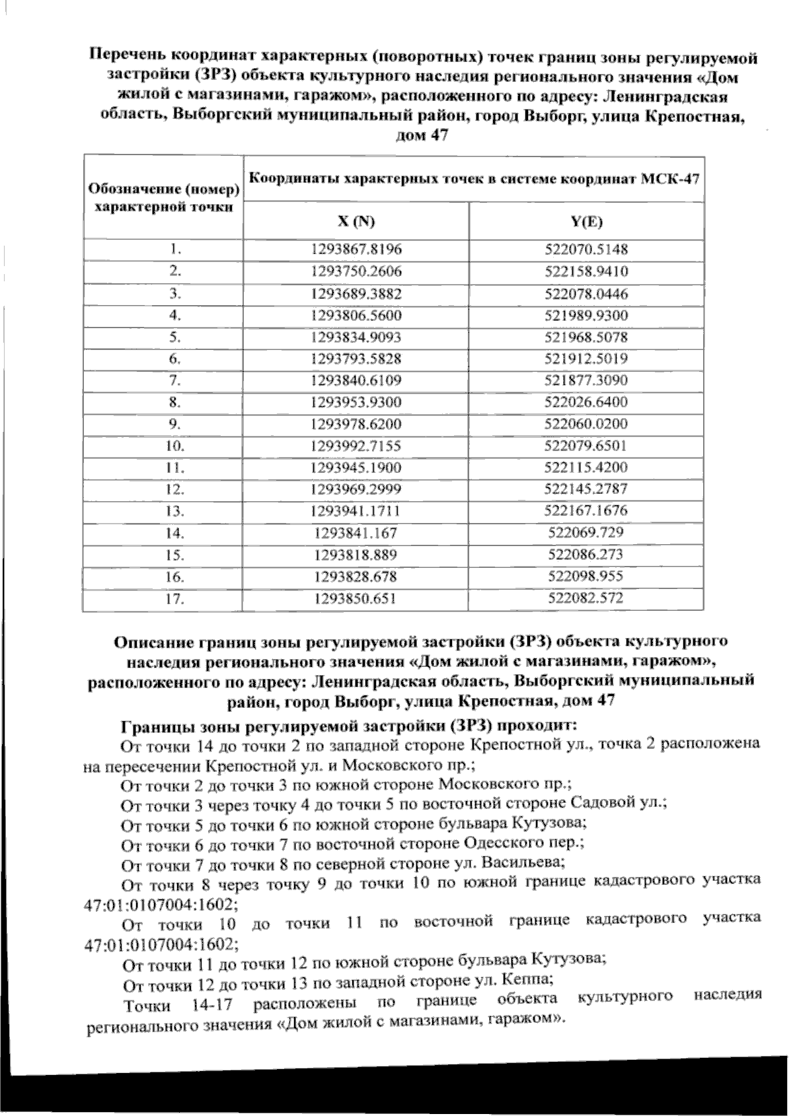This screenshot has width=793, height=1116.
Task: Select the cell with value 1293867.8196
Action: pyautogui.click(x=356, y=250)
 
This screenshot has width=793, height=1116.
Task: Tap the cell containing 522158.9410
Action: pyautogui.click(x=587, y=271)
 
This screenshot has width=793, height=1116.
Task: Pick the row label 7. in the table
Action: pyautogui.click(x=174, y=380)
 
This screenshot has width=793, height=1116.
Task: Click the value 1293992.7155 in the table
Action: pyautogui.click(x=356, y=446)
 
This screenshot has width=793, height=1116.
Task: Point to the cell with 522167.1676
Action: pyautogui.click(x=587, y=510)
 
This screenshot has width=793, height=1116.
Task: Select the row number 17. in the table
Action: pyautogui.click(x=174, y=598)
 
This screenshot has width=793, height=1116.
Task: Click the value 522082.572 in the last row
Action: pyautogui.click(x=587, y=598)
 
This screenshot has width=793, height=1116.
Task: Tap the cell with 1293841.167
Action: pyautogui.click(x=356, y=533)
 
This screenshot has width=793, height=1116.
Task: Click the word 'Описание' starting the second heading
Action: pyautogui.click(x=145, y=642)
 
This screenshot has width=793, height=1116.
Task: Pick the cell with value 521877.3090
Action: pyautogui.click(x=587, y=380)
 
